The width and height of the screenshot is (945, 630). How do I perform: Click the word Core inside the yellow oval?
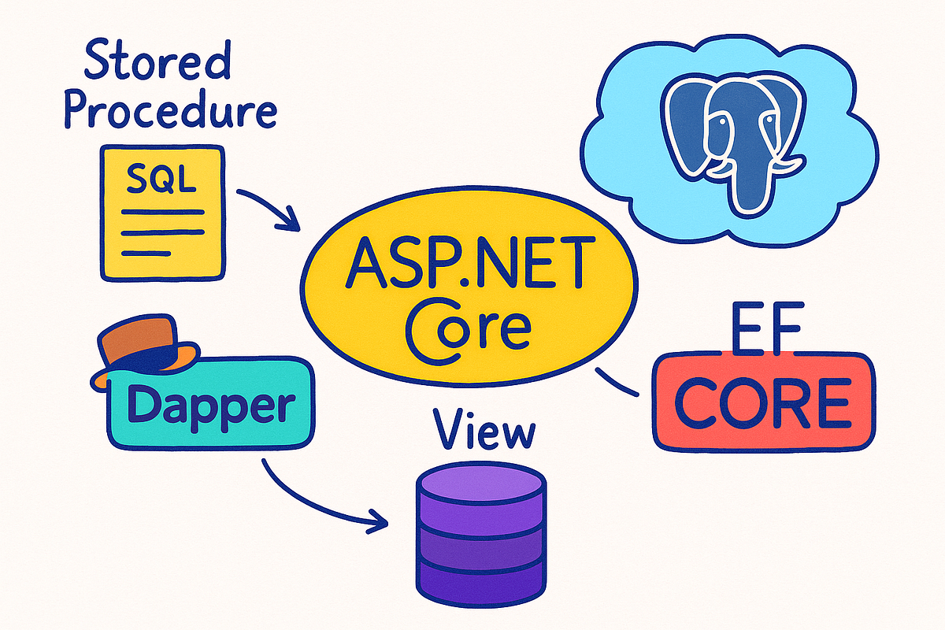(x=465, y=324)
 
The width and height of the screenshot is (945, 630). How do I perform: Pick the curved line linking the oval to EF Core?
(x=618, y=383)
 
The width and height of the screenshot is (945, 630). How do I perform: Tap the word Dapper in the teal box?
(x=206, y=405)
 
